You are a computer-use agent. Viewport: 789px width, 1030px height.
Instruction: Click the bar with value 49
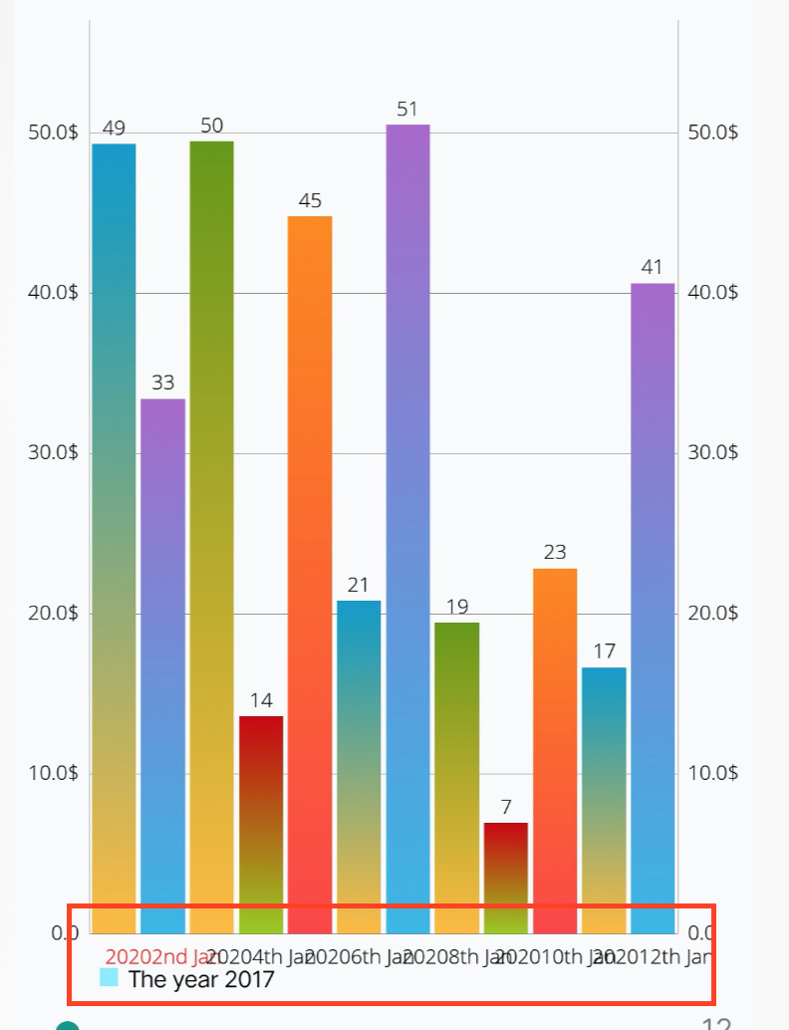[x=114, y=538]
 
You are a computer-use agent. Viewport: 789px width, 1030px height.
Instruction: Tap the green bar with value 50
[x=211, y=537]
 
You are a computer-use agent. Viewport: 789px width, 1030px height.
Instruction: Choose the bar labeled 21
[x=359, y=766]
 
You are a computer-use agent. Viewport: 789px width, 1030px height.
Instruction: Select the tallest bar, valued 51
[x=407, y=528]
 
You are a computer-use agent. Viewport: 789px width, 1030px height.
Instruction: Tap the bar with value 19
[x=456, y=777]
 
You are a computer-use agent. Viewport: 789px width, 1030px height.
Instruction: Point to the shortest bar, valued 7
[x=505, y=877]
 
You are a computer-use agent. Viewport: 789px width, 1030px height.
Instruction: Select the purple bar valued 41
[x=653, y=608]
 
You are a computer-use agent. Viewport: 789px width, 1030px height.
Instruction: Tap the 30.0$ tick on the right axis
[x=713, y=453]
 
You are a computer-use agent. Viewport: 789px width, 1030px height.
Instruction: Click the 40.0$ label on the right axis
[x=713, y=293]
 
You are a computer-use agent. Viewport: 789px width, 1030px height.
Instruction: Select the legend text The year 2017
[x=201, y=979]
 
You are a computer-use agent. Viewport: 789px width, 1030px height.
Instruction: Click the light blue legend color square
[x=110, y=977]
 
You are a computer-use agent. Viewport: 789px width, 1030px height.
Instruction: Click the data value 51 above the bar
[x=406, y=110]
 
